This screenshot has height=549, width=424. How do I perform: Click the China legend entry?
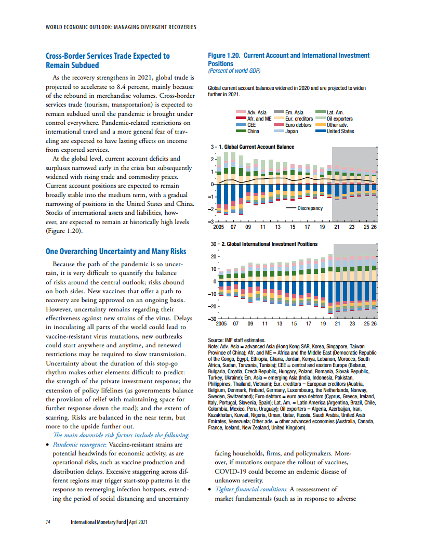[x=248, y=132]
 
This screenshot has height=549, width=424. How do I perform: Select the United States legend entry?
[x=335, y=132]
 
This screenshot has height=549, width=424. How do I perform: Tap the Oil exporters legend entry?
[x=334, y=119]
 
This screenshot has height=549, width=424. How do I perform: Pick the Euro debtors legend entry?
[x=293, y=125]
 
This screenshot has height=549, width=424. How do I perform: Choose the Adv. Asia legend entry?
[x=251, y=112]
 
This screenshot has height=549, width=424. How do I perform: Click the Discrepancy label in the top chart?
[x=310, y=208]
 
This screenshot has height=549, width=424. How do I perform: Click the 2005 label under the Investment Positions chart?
[x=221, y=323]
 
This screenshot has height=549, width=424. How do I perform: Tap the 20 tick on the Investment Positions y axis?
[x=214, y=256]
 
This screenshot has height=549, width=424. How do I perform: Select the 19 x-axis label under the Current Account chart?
[x=322, y=227]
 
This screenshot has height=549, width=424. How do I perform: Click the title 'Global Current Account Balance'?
[x=259, y=147]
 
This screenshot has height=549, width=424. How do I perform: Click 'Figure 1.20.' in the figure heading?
[x=224, y=55]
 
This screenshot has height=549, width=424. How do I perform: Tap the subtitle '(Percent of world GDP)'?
[x=234, y=71]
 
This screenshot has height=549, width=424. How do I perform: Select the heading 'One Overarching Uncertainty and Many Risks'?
[x=116, y=252]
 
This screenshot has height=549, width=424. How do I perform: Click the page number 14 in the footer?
[x=48, y=522]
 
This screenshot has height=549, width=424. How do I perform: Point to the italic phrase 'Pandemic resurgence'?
[x=79, y=445]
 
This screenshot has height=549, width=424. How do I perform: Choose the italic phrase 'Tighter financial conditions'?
[x=251, y=489]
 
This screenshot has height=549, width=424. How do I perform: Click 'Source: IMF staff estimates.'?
[x=236, y=340]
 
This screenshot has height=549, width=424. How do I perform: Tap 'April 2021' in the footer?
[x=138, y=522]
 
